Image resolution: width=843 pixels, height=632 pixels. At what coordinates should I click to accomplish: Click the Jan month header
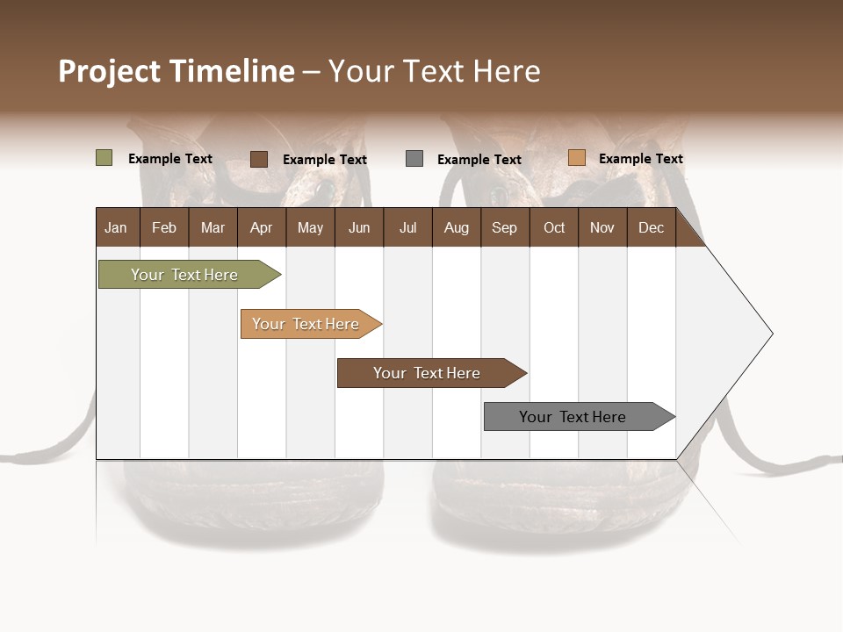pos(116,227)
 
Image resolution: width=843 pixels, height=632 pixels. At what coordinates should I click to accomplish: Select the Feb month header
pos(164,227)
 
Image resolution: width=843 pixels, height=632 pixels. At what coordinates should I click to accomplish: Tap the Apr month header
pos(261,227)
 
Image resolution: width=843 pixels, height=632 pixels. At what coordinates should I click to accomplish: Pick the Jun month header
pos(358,227)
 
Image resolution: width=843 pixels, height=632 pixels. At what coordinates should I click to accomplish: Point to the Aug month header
pos(456,227)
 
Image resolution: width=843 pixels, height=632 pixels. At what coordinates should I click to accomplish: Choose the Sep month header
pos(504,227)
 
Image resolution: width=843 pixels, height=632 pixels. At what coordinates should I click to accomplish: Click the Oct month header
pos(554,227)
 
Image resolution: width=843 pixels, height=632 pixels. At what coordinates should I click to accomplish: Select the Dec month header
pos(651,227)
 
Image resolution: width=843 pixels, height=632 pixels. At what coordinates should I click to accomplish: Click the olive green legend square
pos(104,158)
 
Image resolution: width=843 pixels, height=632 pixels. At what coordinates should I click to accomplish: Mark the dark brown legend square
pos(259,159)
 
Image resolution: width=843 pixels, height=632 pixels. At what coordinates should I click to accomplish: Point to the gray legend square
pos(414,159)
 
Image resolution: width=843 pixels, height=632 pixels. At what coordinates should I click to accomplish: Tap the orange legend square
pos(576,158)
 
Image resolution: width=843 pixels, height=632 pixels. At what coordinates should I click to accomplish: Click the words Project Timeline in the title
pos(177,71)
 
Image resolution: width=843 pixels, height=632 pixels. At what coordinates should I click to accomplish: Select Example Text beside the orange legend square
pos(640,159)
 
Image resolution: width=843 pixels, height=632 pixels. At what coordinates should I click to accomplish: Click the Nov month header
pos(602,227)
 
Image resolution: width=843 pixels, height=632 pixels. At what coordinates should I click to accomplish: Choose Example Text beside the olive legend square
pos(170,159)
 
